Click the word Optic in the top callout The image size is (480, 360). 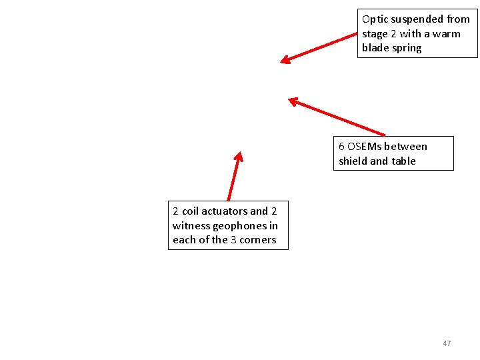[375, 19]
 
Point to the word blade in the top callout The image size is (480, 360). [375, 48]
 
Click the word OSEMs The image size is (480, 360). [365, 147]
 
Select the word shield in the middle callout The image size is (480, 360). [353, 161]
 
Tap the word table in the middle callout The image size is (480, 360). [403, 161]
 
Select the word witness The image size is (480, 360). [191, 226]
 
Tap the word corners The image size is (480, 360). [258, 240]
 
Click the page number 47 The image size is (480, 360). [447, 343]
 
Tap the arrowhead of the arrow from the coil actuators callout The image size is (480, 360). [238, 157]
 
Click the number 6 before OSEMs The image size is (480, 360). [341, 147]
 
